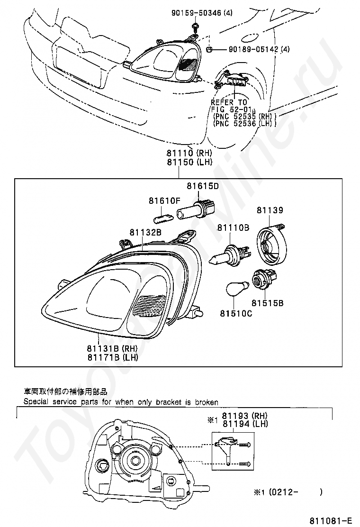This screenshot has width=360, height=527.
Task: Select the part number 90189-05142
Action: click(254, 49)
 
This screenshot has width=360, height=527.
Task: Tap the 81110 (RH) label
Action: click(189, 154)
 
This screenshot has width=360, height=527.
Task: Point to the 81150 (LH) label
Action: click(189, 162)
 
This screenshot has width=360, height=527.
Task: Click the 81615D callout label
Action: click(202, 186)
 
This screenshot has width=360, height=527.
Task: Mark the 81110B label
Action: click(233, 228)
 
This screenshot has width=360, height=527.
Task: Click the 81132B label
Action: click(145, 232)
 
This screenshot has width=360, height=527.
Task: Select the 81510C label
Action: click(235, 313)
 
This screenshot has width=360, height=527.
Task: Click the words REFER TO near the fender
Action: click(229, 102)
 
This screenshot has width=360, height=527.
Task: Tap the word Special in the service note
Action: click(36, 402)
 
